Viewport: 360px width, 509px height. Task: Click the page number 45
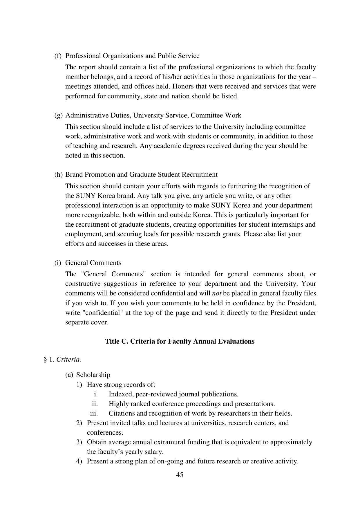[x=180, y=475]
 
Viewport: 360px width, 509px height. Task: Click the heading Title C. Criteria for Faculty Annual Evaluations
[x=180, y=341]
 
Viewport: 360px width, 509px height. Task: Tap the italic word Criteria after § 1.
[x=68, y=360]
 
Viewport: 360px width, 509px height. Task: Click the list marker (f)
[x=58, y=56]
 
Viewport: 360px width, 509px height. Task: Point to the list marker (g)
[x=58, y=115]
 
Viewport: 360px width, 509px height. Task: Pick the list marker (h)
[x=58, y=175]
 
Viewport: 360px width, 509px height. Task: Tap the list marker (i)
[x=58, y=263]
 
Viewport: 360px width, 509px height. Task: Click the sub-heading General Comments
[x=93, y=263]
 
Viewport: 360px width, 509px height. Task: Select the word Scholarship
[x=93, y=375]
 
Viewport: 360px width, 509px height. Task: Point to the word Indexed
[x=120, y=394]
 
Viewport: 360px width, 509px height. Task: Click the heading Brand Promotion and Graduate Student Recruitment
[x=141, y=175]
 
